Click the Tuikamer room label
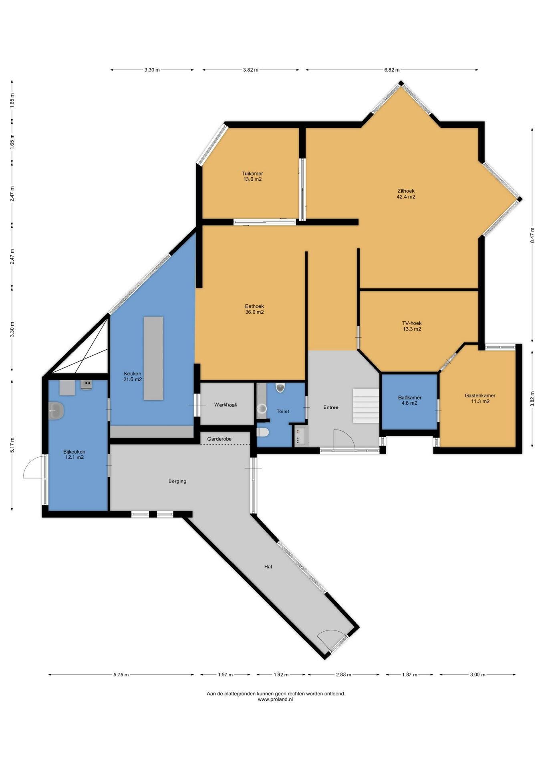point(252,176)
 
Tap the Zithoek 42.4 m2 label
point(406,194)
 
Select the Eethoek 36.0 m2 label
point(254,309)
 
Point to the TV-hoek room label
point(412,326)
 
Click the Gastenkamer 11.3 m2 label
point(480,398)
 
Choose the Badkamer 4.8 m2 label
point(409,400)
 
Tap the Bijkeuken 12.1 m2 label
point(74,454)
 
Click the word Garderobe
point(219,439)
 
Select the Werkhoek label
point(226,405)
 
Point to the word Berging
point(177,481)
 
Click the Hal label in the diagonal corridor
point(268,567)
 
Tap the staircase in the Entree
point(366,405)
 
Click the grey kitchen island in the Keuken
point(153,358)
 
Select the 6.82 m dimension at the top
point(392,70)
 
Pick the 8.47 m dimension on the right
point(532,235)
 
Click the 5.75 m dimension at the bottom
point(121,675)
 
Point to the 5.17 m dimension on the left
point(12,445)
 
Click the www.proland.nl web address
point(276,699)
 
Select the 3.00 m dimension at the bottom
point(478,675)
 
